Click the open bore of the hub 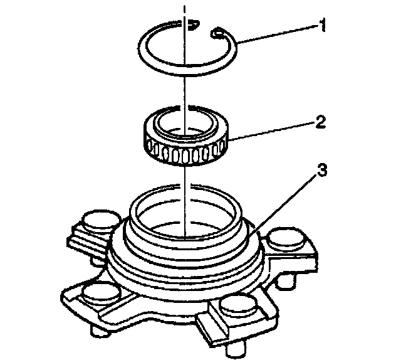(x=184, y=216)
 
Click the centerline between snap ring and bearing (x=184, y=94)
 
